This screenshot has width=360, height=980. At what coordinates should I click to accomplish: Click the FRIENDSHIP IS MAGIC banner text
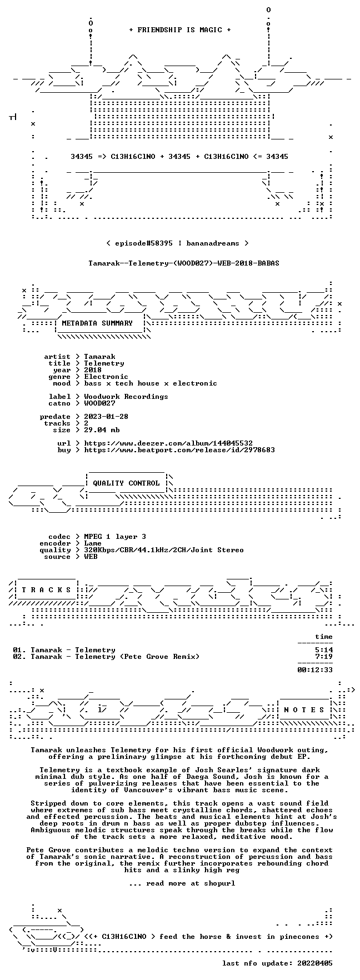click(x=179, y=30)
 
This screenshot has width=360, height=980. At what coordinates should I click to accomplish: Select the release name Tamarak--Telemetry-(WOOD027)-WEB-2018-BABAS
click(x=184, y=263)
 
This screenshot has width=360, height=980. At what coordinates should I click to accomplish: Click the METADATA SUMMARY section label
click(x=97, y=323)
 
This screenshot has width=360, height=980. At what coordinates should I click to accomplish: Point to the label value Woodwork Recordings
click(x=126, y=397)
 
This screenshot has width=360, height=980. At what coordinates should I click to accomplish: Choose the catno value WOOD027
click(x=99, y=403)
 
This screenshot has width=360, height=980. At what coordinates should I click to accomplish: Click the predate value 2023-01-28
click(x=106, y=417)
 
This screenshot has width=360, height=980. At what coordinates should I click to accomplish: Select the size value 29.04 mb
click(x=102, y=430)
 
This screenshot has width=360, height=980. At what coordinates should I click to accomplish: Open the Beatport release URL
click(x=179, y=450)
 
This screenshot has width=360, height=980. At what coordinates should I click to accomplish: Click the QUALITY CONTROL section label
click(x=126, y=483)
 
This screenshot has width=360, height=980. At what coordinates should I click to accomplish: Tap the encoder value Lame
click(x=93, y=543)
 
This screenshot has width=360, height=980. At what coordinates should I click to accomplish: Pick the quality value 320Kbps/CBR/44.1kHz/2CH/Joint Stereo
click(x=164, y=550)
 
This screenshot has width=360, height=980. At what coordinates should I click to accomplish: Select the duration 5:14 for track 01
click(x=324, y=650)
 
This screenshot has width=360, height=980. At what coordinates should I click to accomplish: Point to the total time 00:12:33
click(x=315, y=670)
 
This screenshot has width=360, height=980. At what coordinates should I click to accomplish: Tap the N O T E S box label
click(x=304, y=710)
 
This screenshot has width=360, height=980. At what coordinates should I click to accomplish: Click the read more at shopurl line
click(x=182, y=883)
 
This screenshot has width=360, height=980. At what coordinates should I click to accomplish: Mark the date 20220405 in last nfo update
click(x=315, y=963)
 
